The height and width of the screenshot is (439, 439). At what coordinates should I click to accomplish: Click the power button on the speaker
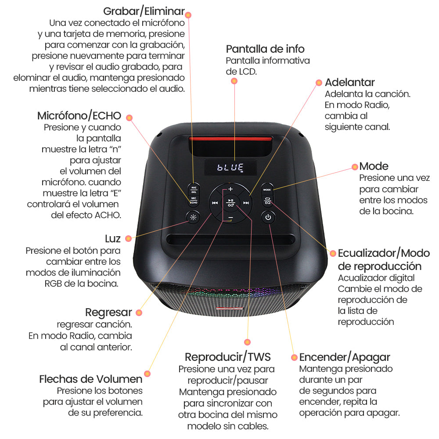tap(268, 217)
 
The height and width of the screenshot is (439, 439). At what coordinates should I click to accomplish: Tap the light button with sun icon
tap(193, 217)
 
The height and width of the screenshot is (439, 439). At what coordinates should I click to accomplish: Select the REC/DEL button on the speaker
tap(193, 189)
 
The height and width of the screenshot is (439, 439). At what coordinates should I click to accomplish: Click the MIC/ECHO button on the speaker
tap(193, 201)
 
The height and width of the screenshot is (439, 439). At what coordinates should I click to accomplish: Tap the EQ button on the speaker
tap(268, 202)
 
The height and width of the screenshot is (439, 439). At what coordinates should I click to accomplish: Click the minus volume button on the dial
tap(230, 218)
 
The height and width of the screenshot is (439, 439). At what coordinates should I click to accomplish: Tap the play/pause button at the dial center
tap(230, 202)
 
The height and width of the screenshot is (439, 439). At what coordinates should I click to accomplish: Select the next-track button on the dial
tap(246, 203)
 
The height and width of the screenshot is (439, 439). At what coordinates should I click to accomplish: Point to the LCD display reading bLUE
tap(230, 167)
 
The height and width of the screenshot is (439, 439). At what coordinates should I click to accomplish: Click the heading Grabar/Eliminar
tap(144, 11)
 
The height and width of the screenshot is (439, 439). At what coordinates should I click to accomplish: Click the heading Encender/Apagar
tap(345, 357)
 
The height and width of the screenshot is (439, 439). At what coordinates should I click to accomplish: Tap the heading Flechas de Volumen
tap(91, 379)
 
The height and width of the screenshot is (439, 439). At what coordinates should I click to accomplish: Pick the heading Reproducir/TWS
tap(227, 356)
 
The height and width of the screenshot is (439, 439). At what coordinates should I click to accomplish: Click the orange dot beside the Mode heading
tap(355, 167)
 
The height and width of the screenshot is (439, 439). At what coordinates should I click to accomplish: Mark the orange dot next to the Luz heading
tap(128, 238)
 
